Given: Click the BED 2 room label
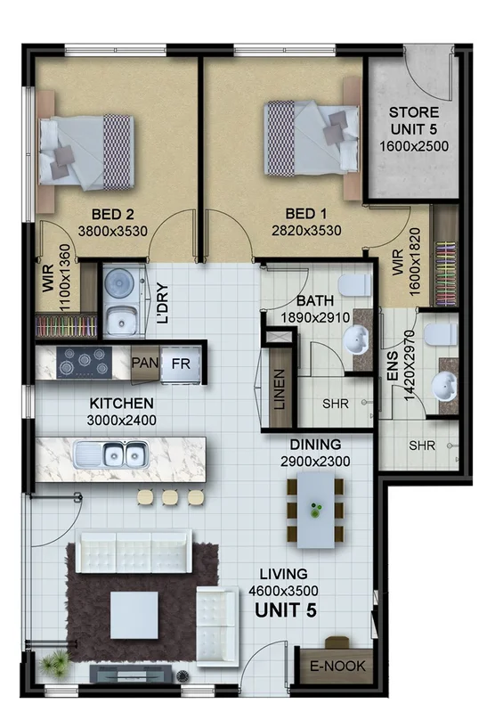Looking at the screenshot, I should click(112, 214).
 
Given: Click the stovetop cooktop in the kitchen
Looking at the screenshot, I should click(84, 362).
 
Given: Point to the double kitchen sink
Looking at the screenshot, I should click(111, 455).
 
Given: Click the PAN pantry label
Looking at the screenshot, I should click(144, 363).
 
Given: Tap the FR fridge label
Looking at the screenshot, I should click(181, 364).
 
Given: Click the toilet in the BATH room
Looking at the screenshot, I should click(357, 284).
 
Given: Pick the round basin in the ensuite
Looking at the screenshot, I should click(442, 385).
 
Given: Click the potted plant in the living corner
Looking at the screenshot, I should click(55, 662).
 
